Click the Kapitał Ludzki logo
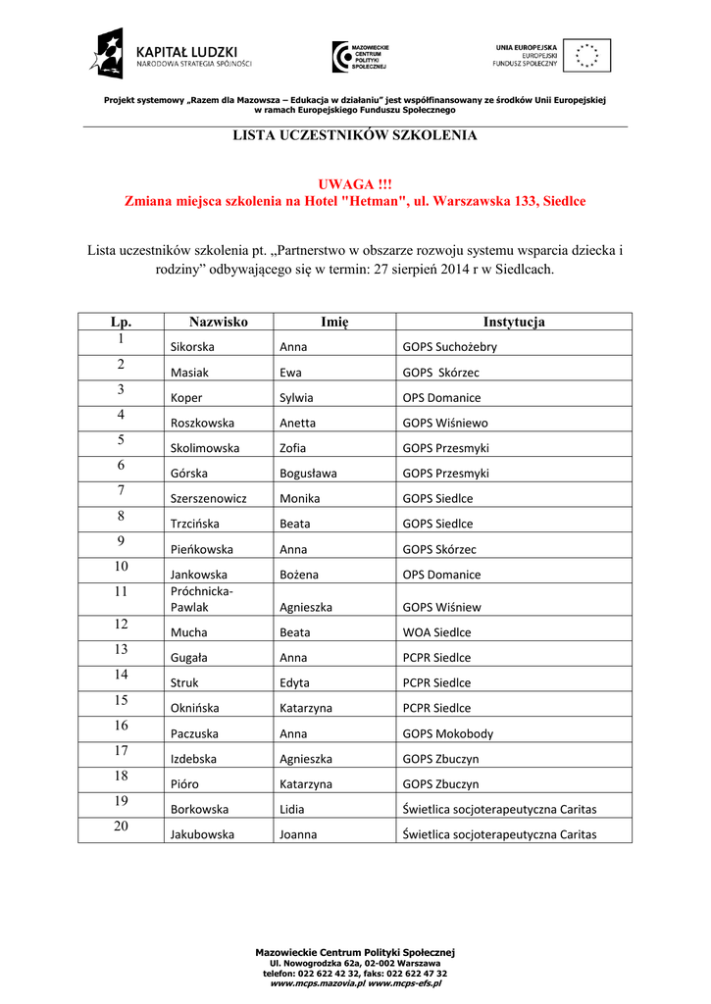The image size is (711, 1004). click(x=173, y=55)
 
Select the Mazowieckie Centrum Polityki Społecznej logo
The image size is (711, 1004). click(x=360, y=57)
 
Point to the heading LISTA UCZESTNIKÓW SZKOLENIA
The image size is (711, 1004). click(x=354, y=135)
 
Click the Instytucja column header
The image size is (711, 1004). click(x=513, y=322)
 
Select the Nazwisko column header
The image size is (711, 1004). click(x=219, y=322)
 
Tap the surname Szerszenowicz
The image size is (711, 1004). click(x=208, y=498)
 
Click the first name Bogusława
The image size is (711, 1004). click(x=308, y=473)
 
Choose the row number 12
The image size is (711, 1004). click(x=122, y=624)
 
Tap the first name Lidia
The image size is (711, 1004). click(x=293, y=810)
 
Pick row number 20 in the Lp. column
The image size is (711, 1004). click(x=122, y=827)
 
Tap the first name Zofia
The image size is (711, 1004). click(x=293, y=448)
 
